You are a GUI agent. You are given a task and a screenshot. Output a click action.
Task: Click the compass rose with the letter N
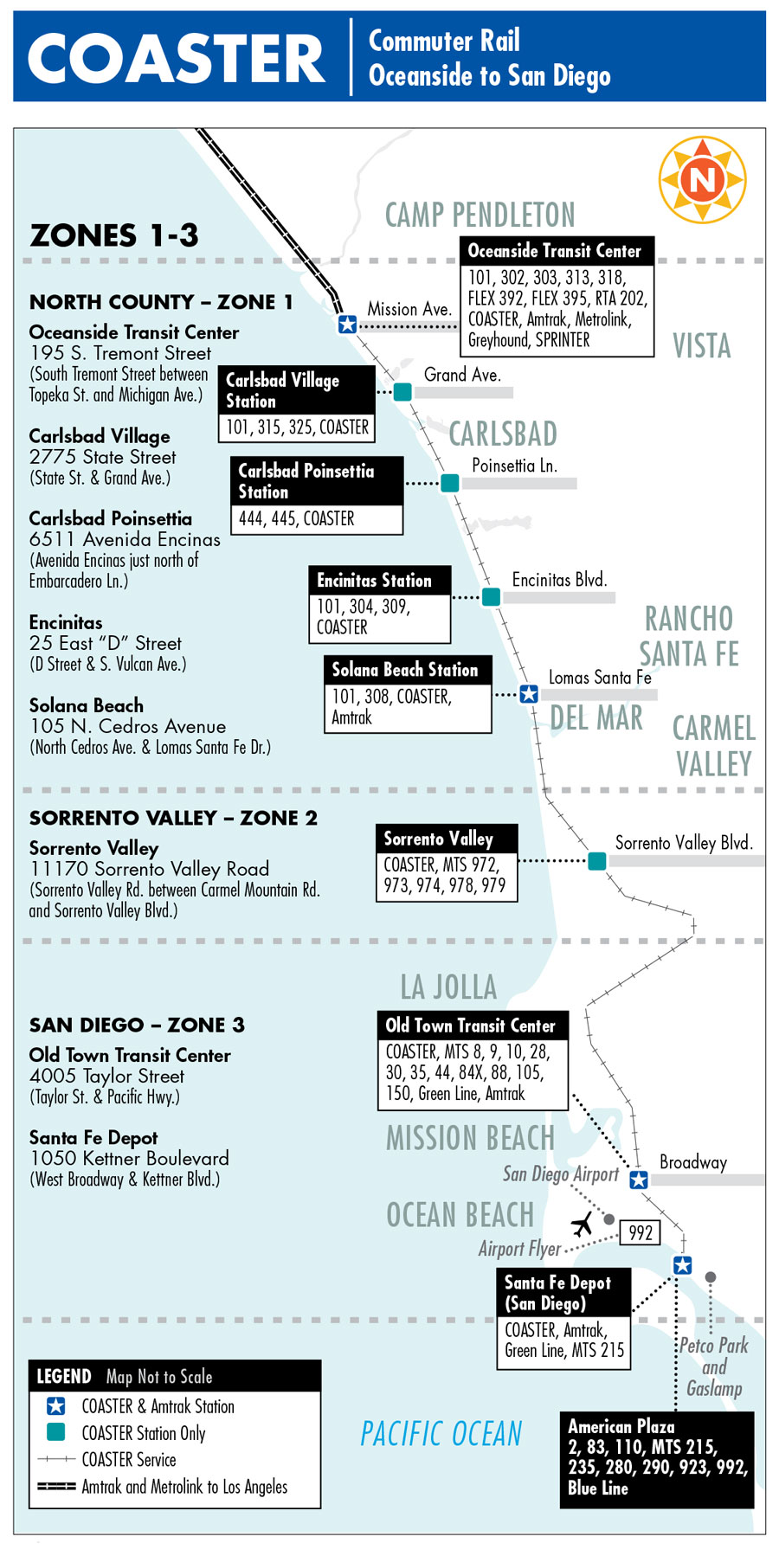pyautogui.click(x=702, y=179)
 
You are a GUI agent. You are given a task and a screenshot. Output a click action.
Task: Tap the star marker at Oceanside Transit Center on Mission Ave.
pyautogui.click(x=347, y=325)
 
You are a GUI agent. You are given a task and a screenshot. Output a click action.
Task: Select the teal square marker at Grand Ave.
pyautogui.click(x=402, y=392)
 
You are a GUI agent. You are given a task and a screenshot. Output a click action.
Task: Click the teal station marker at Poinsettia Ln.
pyautogui.click(x=450, y=483)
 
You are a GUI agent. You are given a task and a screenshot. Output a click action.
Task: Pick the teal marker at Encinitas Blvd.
pyautogui.click(x=491, y=596)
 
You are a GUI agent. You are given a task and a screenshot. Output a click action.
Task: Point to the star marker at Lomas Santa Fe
pyautogui.click(x=529, y=694)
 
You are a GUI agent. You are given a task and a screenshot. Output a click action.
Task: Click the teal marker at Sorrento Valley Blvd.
pyautogui.click(x=597, y=860)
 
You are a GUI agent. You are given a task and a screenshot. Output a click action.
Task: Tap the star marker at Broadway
pyautogui.click(x=639, y=1180)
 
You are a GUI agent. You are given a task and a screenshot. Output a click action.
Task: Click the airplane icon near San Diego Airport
pyautogui.click(x=583, y=1225)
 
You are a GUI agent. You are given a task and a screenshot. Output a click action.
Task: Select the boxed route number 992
pyautogui.click(x=641, y=1232)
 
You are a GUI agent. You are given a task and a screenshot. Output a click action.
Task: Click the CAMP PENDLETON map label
pyautogui.click(x=480, y=215)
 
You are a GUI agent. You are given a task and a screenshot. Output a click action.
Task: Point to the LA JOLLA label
pyautogui.click(x=448, y=987)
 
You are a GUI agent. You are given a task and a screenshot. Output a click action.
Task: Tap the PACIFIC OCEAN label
pyautogui.click(x=441, y=1434)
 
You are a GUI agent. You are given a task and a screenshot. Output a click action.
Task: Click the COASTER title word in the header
pyautogui.click(x=177, y=59)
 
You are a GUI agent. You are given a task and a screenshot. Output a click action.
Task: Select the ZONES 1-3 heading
pyautogui.click(x=114, y=235)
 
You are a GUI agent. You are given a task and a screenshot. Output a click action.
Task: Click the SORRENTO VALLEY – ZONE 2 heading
pyautogui.click(x=173, y=818)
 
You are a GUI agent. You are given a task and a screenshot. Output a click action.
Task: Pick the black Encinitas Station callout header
pyautogui.click(x=379, y=580)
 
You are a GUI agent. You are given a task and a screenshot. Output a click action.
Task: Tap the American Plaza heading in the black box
pyautogui.click(x=621, y=1425)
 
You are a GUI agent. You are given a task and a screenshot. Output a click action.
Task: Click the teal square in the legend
pyautogui.click(x=56, y=1432)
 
